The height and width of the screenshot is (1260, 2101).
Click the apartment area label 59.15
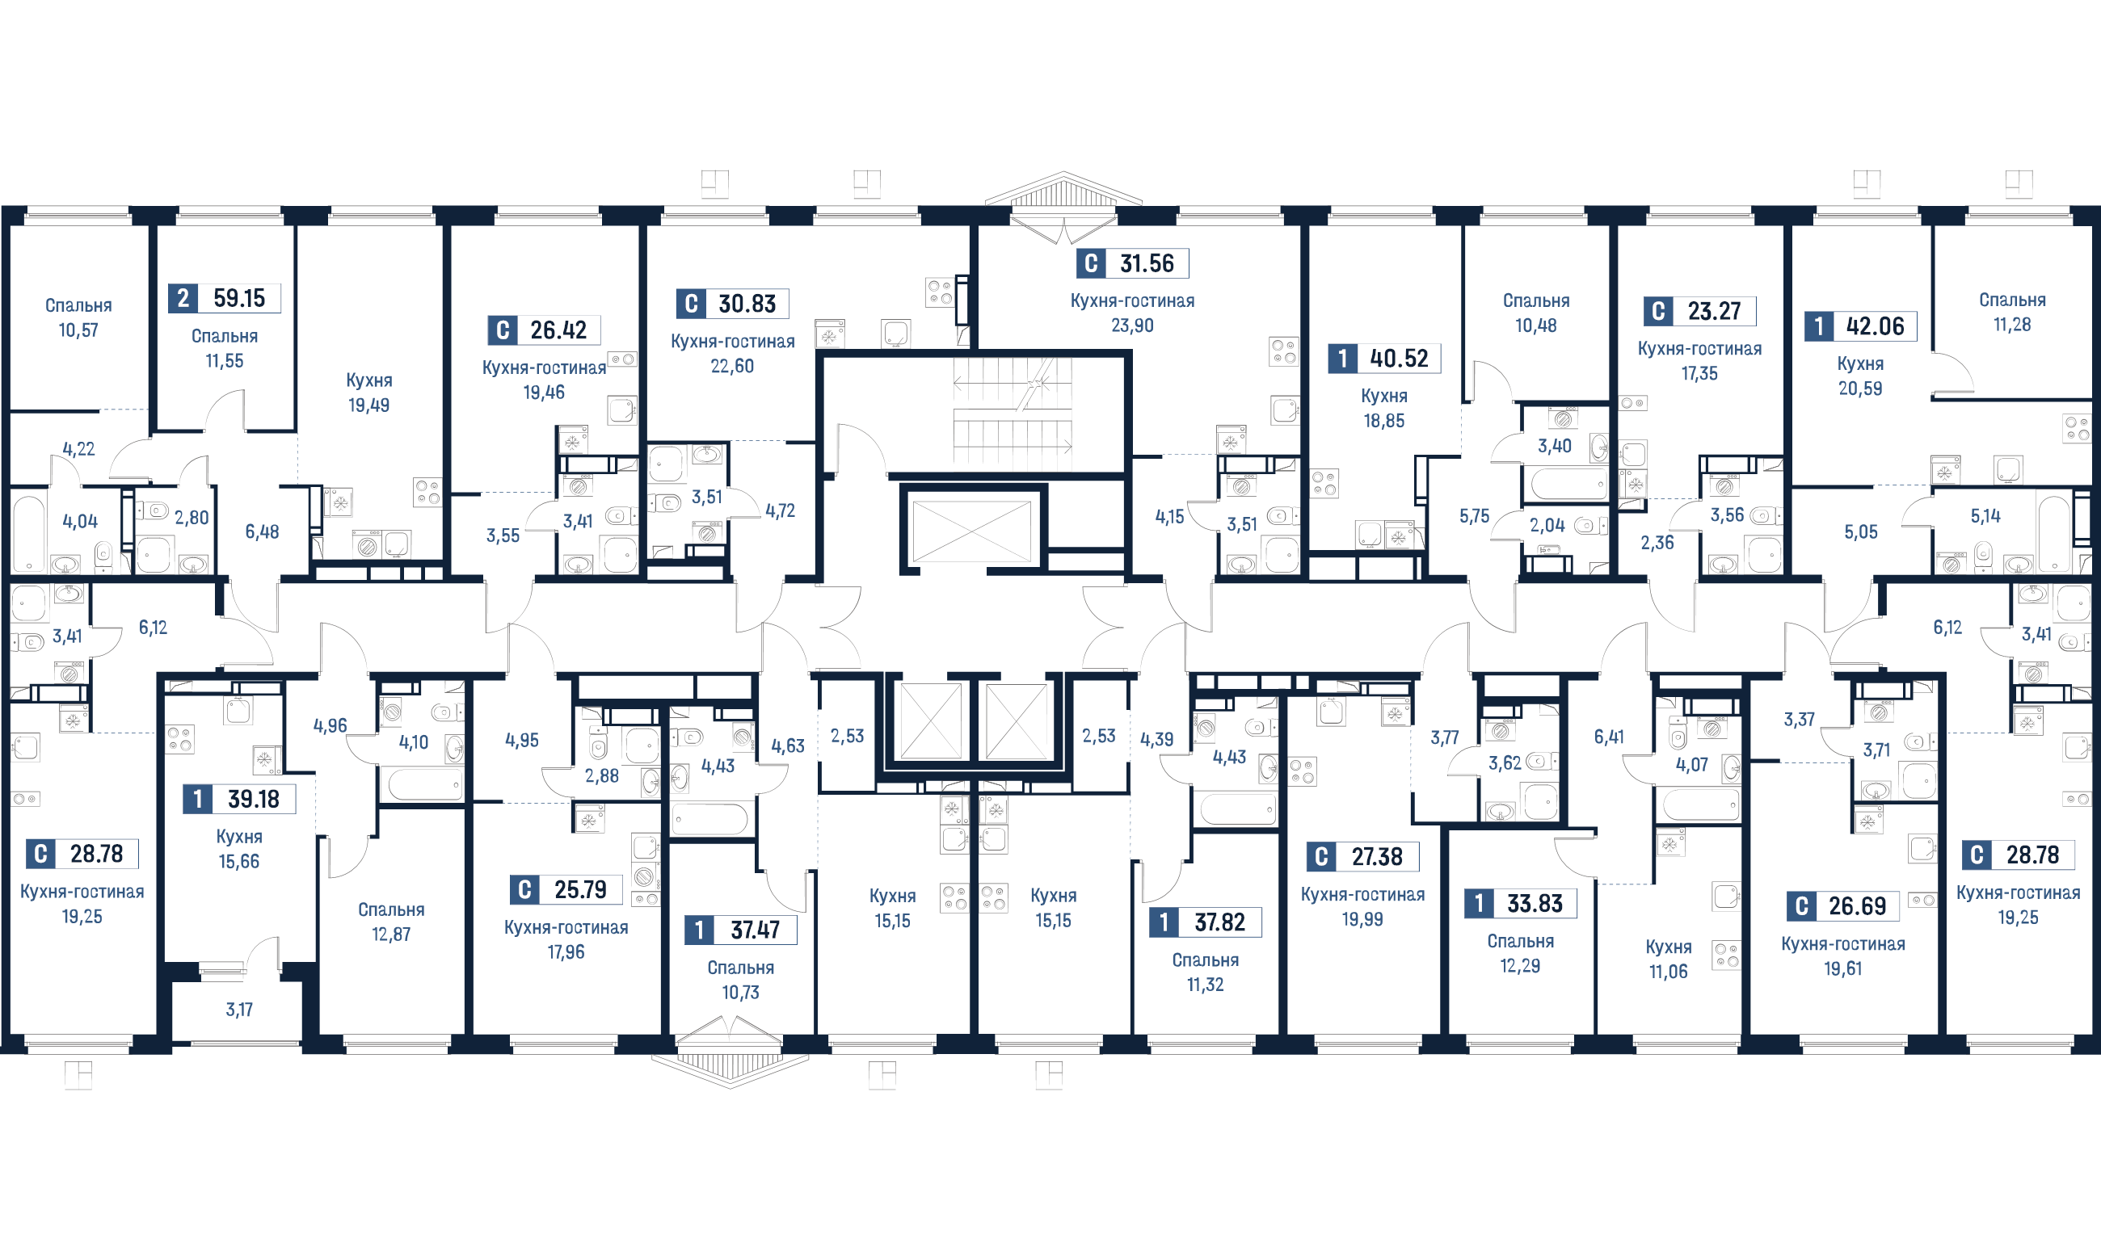(x=238, y=298)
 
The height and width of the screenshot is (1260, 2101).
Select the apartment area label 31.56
(x=1147, y=263)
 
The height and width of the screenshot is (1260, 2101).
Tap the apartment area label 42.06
(x=1875, y=326)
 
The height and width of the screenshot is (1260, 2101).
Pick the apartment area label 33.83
(x=1535, y=903)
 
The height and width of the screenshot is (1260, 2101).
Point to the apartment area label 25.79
(x=580, y=890)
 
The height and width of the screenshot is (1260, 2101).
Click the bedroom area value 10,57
(x=78, y=330)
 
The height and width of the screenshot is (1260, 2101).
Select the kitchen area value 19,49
(x=368, y=405)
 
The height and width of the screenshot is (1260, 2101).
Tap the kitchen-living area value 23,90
(x=1132, y=325)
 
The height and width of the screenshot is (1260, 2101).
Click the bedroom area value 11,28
(x=2012, y=325)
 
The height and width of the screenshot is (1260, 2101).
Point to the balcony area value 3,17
(x=238, y=1010)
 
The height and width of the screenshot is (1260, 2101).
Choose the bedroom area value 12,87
(x=390, y=934)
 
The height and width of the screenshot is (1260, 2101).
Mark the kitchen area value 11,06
(x=1668, y=972)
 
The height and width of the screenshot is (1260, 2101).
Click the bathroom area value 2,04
(x=1547, y=526)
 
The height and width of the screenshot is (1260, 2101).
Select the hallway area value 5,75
(x=1474, y=516)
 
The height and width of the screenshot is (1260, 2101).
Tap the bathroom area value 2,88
(x=601, y=775)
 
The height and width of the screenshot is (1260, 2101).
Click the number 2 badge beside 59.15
(x=183, y=298)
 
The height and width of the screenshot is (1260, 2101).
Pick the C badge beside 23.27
(x=1657, y=311)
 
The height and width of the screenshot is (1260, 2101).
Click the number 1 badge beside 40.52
(x=1341, y=359)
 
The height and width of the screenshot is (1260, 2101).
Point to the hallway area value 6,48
(x=262, y=531)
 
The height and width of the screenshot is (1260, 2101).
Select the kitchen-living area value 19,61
(x=1843, y=968)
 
